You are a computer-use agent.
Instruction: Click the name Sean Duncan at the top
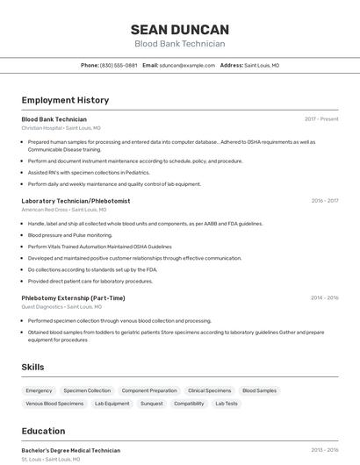[x=179, y=30]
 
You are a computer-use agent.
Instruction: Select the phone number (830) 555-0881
[x=119, y=65]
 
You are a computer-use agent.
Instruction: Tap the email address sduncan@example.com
[x=186, y=65]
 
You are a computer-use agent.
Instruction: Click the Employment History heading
[x=65, y=100]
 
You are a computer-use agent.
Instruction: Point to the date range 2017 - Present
[x=321, y=119]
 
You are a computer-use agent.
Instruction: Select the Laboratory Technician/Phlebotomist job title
[x=76, y=201]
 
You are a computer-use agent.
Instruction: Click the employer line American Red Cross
[x=63, y=210]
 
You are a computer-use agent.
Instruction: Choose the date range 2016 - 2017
[x=324, y=201]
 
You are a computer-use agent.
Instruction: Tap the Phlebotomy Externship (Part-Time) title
[x=73, y=298]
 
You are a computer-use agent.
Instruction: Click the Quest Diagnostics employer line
[x=61, y=307]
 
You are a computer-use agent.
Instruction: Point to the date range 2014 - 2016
[x=324, y=298]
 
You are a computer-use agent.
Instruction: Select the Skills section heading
[x=32, y=367]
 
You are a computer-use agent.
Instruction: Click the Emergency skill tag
[x=39, y=390]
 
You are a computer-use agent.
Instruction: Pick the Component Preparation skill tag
[x=149, y=390]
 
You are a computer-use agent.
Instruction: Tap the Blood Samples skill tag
[x=259, y=390]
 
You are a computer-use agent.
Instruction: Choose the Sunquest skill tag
[x=152, y=404]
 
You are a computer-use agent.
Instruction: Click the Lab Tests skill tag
[x=227, y=404]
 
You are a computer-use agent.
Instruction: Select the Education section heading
[x=43, y=431]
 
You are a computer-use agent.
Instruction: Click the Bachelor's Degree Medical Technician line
[x=70, y=450]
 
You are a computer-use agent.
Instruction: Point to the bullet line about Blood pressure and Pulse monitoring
[x=70, y=235]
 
